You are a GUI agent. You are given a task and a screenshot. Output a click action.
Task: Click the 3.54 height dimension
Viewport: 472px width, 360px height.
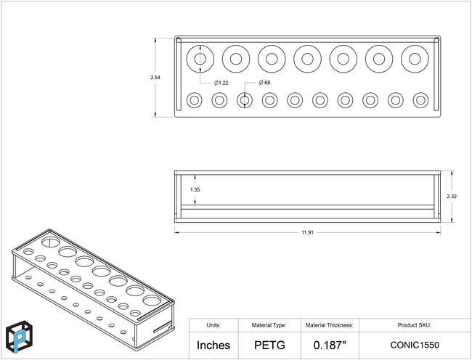(155, 77)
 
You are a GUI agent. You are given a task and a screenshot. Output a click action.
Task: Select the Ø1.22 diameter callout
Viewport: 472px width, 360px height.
(221, 83)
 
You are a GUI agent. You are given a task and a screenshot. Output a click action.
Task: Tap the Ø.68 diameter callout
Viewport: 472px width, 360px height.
(264, 83)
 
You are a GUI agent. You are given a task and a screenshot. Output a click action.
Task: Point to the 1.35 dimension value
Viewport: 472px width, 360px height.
(195, 189)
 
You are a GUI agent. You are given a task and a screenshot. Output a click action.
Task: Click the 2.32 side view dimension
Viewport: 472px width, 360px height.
(452, 197)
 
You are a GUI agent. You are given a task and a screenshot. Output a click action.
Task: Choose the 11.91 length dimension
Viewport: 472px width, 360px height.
(307, 232)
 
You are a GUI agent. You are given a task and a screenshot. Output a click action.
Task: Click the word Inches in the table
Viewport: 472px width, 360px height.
(213, 345)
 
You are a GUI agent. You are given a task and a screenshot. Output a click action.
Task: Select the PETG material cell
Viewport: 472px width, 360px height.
(269, 345)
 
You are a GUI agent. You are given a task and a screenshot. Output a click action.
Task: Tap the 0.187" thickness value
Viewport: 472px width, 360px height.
(330, 345)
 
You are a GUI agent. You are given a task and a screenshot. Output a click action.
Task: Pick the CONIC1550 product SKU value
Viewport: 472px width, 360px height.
(415, 345)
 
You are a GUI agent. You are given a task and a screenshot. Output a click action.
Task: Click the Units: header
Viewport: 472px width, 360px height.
(213, 325)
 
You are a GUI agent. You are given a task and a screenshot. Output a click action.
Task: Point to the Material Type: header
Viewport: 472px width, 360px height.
(269, 325)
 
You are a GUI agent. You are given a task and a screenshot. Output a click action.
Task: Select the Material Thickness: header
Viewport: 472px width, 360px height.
(330, 325)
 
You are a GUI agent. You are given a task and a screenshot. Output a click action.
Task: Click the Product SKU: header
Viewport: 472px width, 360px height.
(415, 325)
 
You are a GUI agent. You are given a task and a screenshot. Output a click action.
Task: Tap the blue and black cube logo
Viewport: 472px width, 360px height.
(20, 337)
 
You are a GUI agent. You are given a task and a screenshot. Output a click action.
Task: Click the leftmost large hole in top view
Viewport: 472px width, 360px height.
(200, 46)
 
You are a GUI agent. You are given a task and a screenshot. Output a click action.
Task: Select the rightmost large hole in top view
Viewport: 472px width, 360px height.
(415, 46)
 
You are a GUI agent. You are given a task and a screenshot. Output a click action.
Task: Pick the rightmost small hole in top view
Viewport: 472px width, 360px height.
(420, 93)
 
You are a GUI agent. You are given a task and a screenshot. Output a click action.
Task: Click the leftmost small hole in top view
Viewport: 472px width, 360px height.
(194, 93)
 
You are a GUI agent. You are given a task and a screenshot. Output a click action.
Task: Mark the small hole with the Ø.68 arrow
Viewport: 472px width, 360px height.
(245, 93)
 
